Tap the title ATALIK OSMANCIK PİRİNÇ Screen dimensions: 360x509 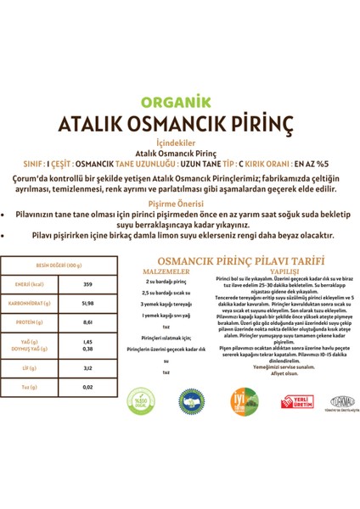[x=179, y=125]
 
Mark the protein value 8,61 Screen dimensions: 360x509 [x=87, y=322]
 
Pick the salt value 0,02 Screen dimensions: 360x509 [x=87, y=387]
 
